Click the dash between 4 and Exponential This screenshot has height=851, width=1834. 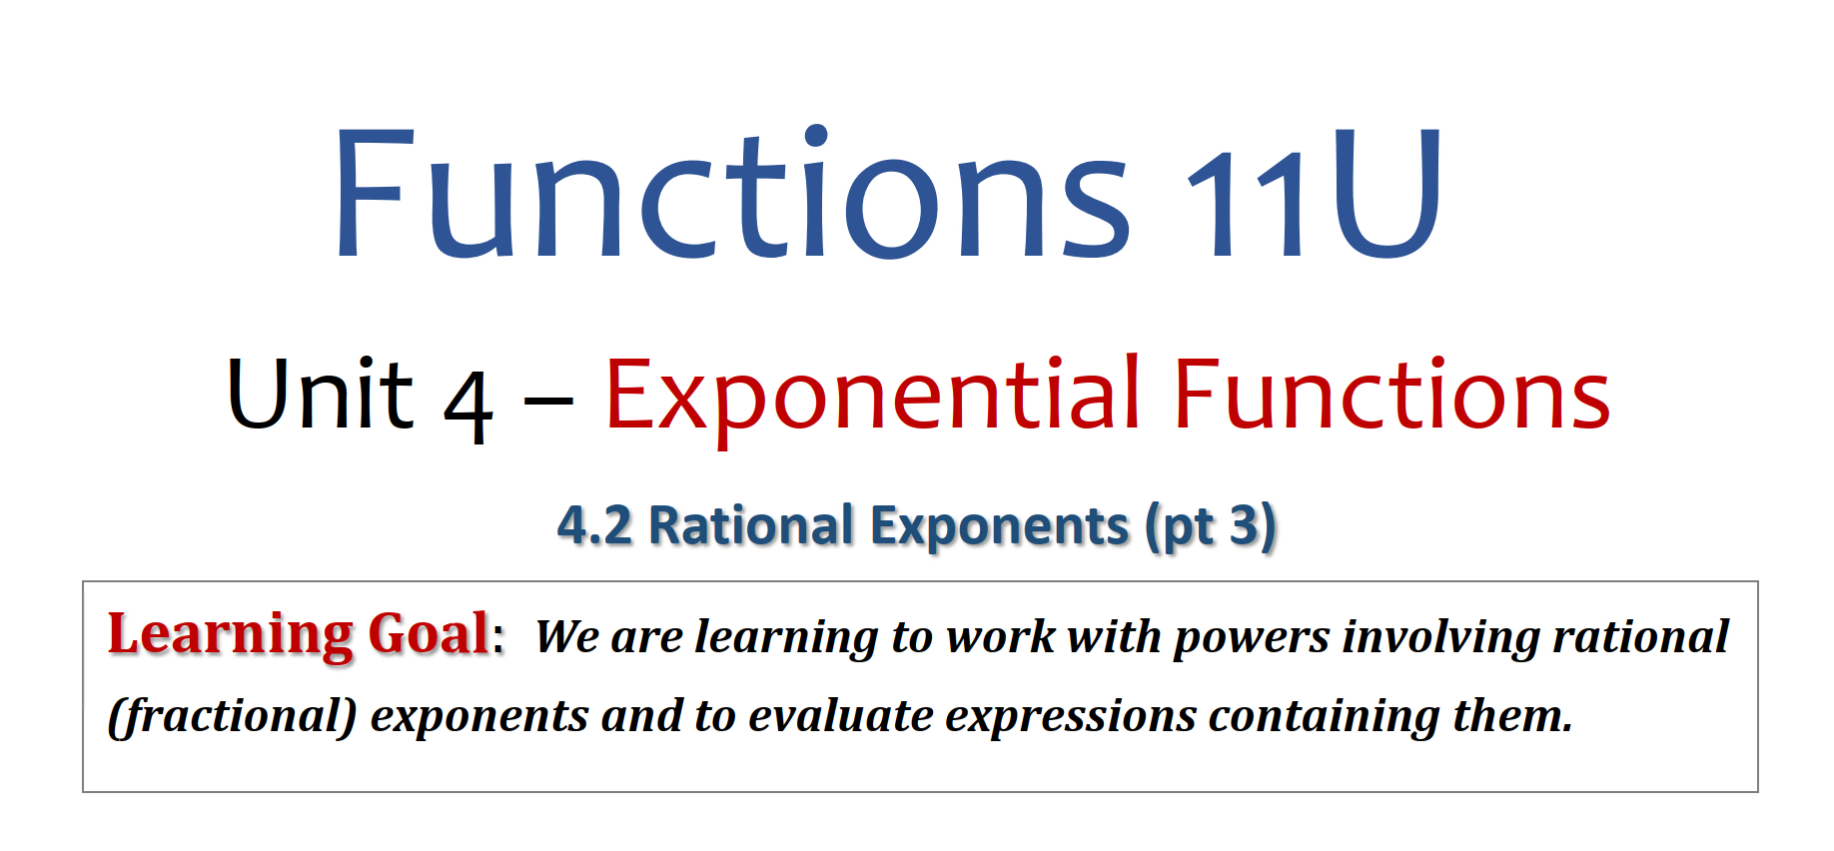(548, 405)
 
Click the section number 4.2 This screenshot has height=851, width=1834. (594, 525)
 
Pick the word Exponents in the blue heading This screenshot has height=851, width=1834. (999, 527)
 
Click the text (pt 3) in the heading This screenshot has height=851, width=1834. (1211, 526)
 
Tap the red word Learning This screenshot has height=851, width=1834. (231, 635)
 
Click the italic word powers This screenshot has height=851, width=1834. (1252, 638)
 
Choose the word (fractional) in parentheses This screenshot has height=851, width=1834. (232, 716)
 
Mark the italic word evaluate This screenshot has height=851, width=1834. (841, 716)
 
